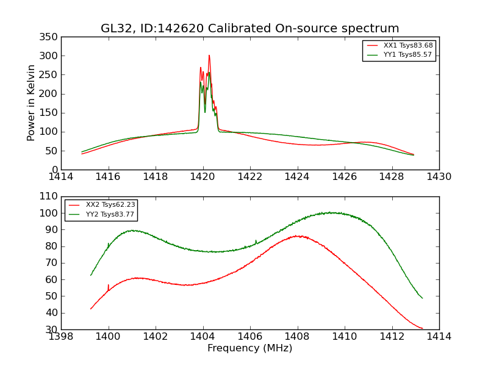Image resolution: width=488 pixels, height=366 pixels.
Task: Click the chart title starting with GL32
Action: [250, 29]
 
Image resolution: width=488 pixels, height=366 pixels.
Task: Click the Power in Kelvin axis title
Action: [31, 103]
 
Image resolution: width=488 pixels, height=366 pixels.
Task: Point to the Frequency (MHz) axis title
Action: [250, 348]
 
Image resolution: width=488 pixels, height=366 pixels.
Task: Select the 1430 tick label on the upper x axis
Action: [439, 177]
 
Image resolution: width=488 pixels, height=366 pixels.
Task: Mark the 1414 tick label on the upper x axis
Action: [61, 177]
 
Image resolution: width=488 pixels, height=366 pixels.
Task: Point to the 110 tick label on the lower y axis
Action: [49, 197]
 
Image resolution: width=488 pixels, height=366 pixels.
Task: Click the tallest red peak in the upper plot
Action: [209, 56]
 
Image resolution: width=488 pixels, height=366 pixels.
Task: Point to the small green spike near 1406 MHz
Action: [256, 241]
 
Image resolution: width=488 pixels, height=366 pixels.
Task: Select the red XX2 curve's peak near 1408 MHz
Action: [298, 235]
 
